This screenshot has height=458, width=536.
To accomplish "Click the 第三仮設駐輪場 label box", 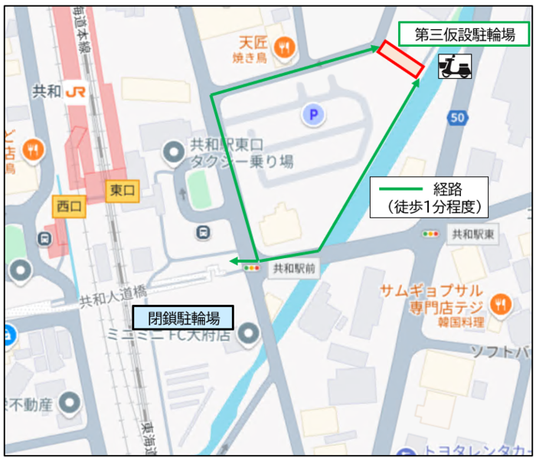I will (464, 34).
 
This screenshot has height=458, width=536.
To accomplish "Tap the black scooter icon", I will (455, 67).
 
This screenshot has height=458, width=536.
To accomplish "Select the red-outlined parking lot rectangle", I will (400, 58).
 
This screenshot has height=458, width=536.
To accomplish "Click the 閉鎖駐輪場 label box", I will (182, 318).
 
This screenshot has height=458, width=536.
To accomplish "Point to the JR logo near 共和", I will (76, 91).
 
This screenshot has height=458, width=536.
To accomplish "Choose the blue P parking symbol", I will (312, 116).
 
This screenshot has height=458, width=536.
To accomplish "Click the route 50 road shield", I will (457, 117).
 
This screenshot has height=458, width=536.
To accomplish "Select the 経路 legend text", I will (449, 188).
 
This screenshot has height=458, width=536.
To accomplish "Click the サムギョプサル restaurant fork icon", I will (501, 303).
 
